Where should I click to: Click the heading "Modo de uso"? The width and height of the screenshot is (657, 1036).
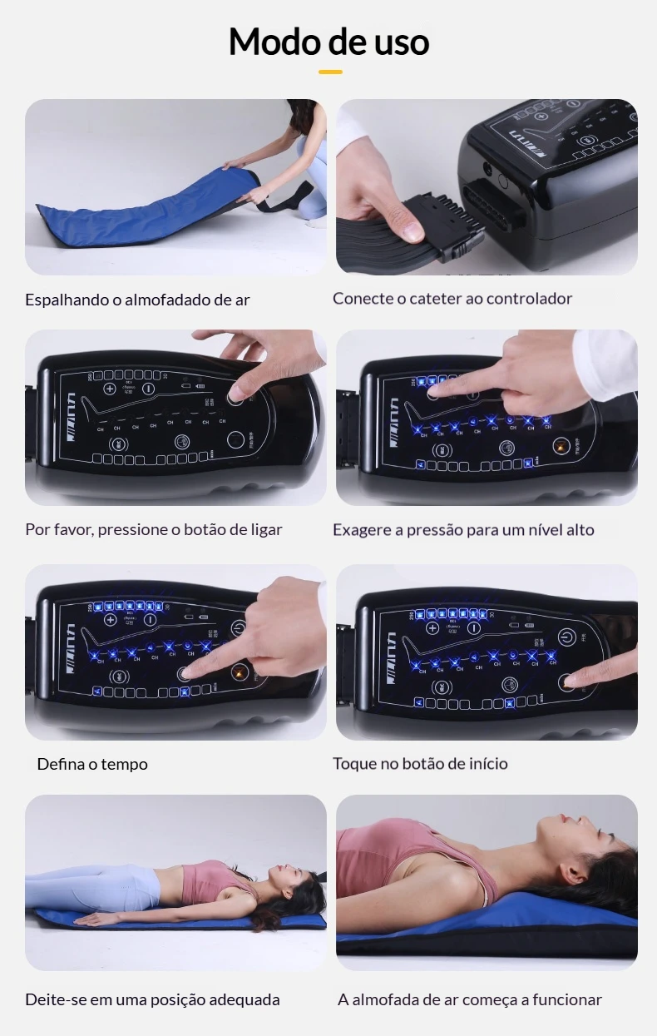pyautogui.click(x=328, y=42)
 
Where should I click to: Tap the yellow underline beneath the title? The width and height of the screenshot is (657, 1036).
pyautogui.click(x=330, y=72)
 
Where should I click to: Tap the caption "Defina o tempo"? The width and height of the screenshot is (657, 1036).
pyautogui.click(x=92, y=764)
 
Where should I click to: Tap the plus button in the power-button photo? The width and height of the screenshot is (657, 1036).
pyautogui.click(x=110, y=389)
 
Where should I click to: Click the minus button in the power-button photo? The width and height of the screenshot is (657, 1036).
pyautogui.click(x=148, y=389)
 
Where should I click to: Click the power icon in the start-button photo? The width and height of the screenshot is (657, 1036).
pyautogui.click(x=567, y=637)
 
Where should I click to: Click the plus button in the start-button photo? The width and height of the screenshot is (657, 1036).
pyautogui.click(x=432, y=628)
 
